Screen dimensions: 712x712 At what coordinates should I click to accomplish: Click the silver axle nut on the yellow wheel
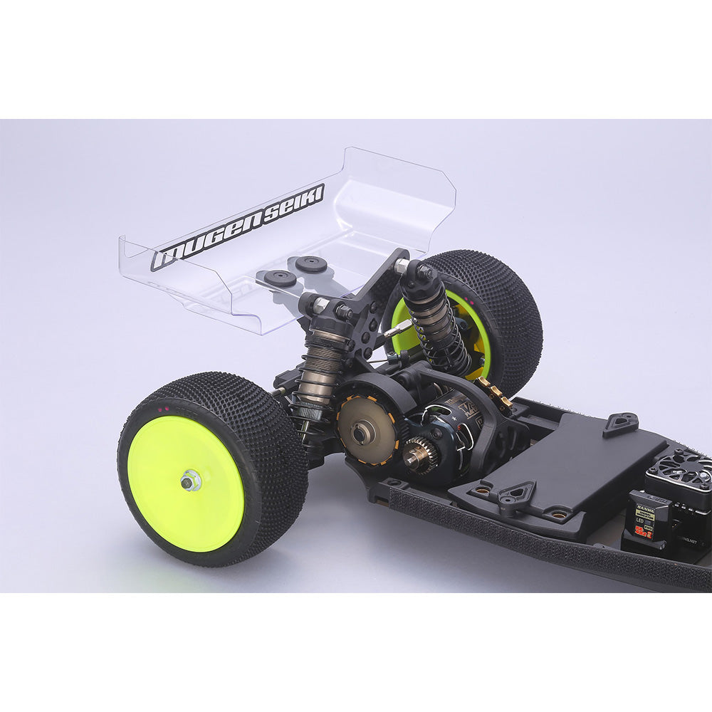189,481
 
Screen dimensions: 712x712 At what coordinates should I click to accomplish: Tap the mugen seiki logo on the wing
238,227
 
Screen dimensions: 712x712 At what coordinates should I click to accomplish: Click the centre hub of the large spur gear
368,431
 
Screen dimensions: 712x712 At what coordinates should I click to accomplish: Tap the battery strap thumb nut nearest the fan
621,422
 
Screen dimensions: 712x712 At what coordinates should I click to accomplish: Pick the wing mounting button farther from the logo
311,264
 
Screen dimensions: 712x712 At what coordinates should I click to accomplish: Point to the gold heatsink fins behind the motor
495,392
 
